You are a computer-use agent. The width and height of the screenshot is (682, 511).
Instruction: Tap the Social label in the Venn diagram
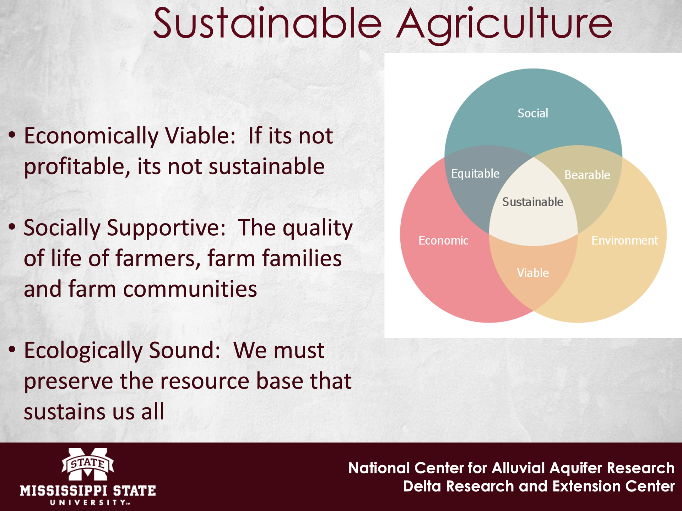click(533, 113)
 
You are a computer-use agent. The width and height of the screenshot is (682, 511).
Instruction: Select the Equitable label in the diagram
click(475, 174)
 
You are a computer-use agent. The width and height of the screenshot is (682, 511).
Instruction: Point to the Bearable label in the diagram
click(587, 175)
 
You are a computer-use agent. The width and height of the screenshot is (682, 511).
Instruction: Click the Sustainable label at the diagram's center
click(533, 202)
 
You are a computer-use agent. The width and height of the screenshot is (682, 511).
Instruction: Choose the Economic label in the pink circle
click(443, 241)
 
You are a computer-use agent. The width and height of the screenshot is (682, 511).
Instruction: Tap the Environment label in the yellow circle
click(625, 241)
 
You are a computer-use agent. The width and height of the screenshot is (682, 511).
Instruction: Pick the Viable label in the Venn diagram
click(533, 273)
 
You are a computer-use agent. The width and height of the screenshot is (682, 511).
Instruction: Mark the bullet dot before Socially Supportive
click(12, 227)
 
